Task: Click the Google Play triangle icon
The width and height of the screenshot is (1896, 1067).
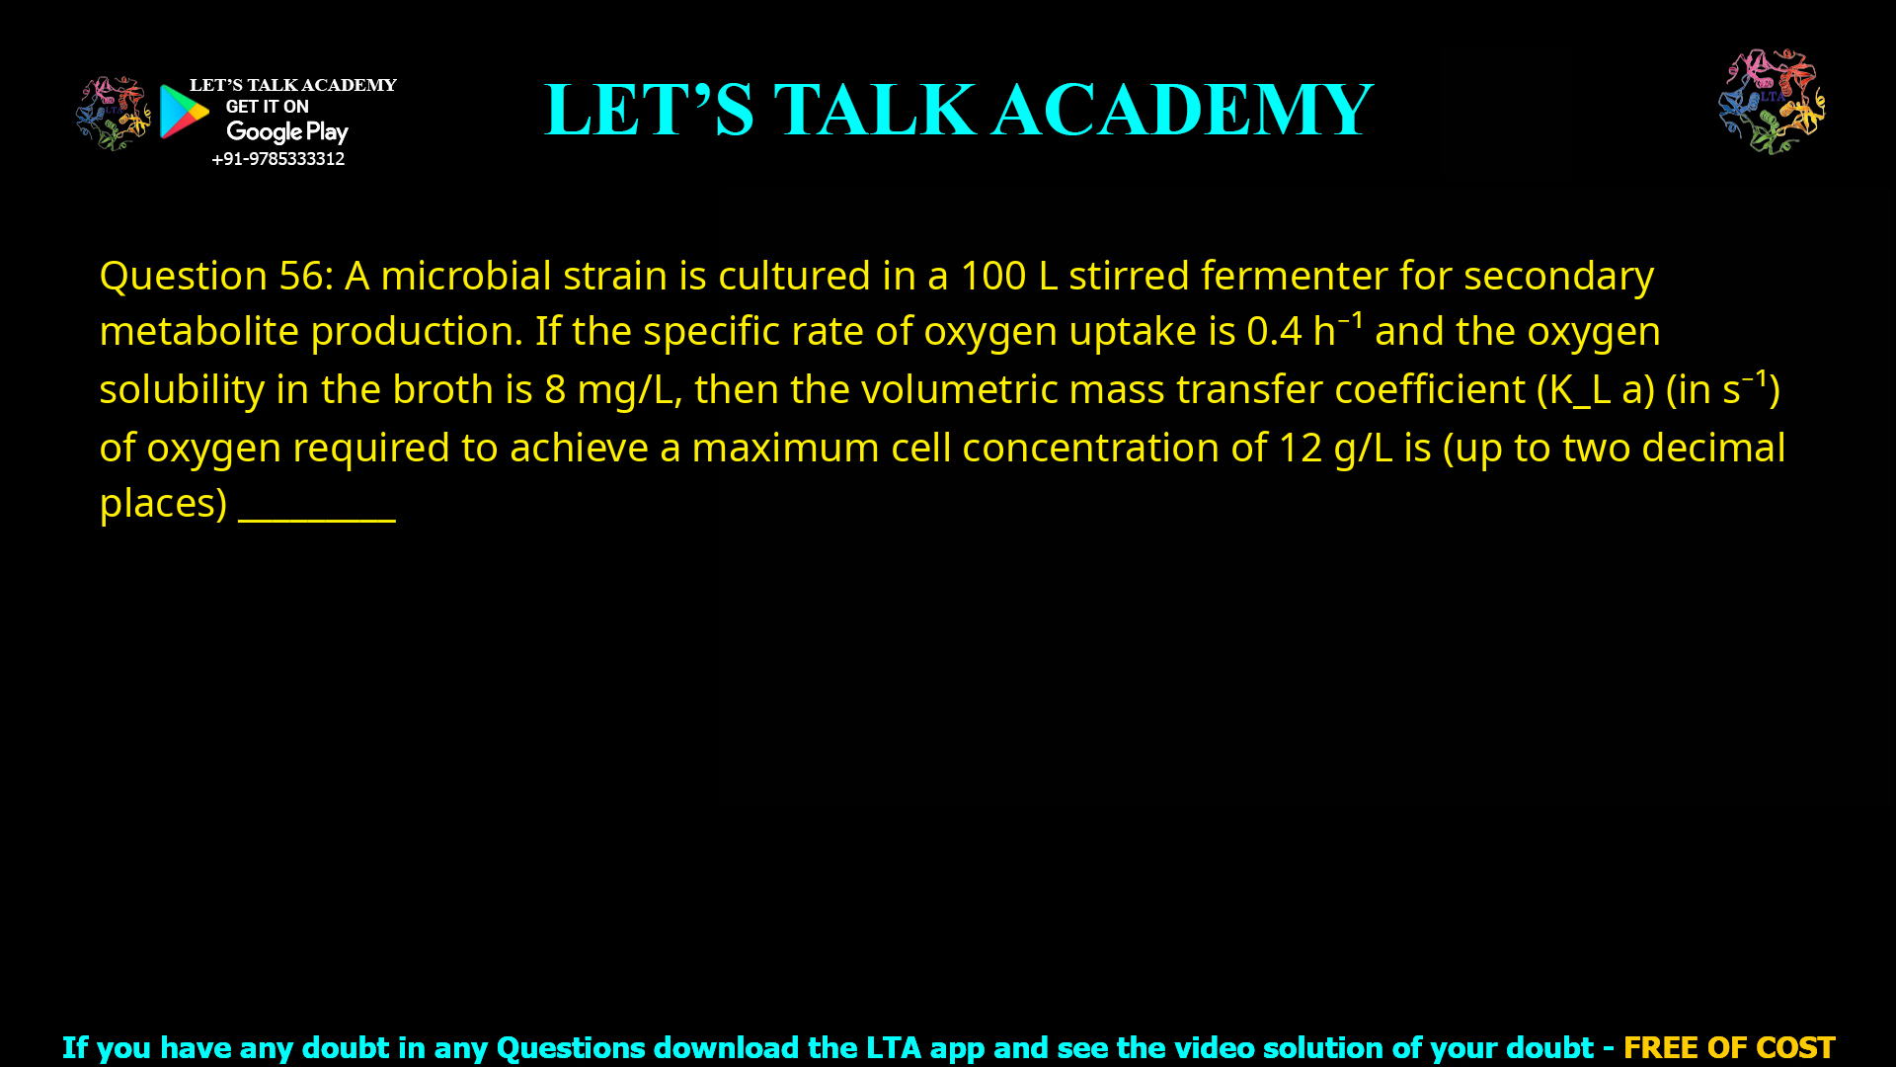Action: pos(184,112)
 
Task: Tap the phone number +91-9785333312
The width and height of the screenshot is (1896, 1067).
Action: pos(277,159)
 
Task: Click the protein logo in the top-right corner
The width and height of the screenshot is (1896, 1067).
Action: pos(1772,101)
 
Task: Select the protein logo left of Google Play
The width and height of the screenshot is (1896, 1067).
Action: pos(113,114)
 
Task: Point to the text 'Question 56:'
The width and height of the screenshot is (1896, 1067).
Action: pos(216,276)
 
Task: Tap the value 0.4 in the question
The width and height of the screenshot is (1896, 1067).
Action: pos(1273,332)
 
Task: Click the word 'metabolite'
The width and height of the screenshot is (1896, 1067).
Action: pos(198,332)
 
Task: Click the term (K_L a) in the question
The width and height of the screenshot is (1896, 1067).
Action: pos(1595,390)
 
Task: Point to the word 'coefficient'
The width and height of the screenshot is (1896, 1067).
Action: pos(1429,390)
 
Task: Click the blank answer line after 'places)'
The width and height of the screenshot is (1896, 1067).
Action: pos(316,509)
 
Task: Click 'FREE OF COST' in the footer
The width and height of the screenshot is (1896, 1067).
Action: pos(1728,1047)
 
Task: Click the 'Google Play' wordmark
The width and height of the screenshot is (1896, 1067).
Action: pos(286,132)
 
